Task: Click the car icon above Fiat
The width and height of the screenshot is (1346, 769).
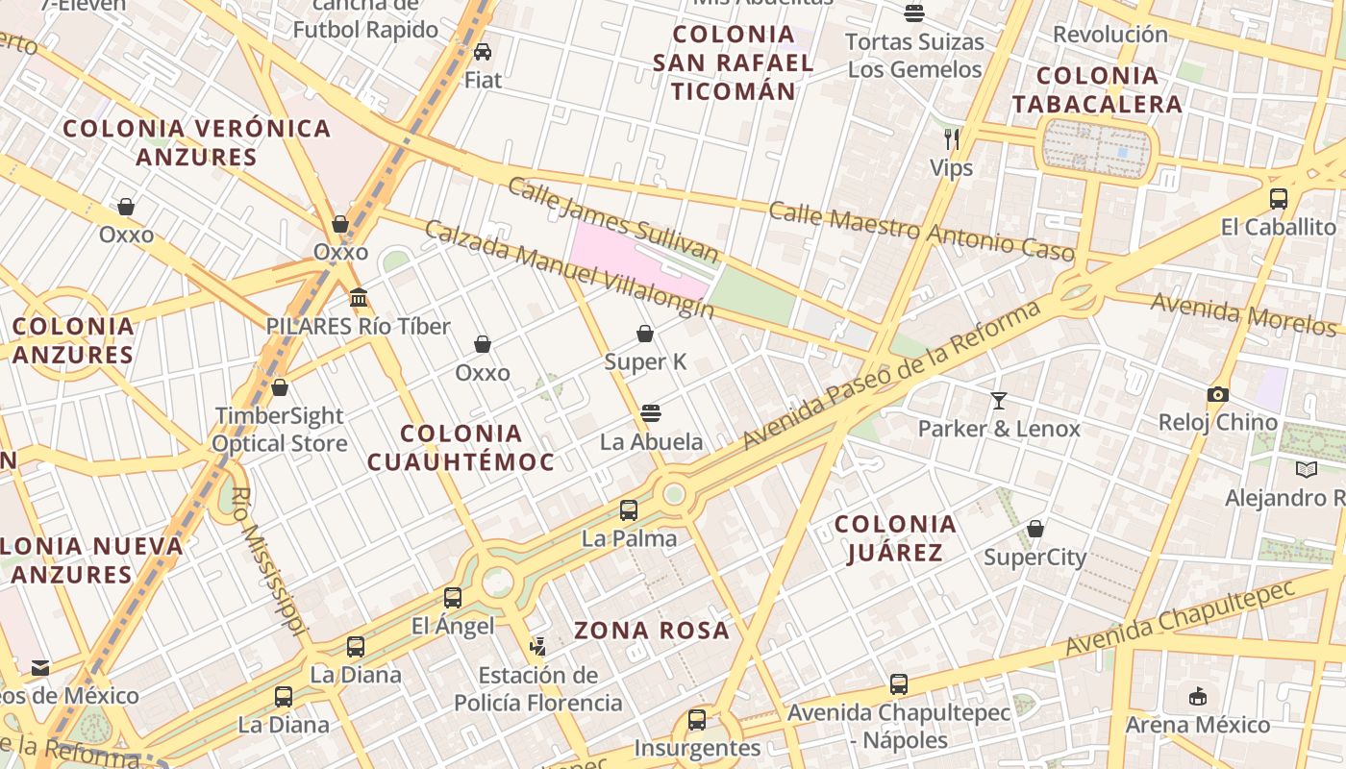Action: tap(483, 52)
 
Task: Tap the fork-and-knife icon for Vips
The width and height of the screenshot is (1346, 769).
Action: tap(952, 139)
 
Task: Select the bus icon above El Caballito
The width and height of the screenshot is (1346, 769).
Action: tap(1279, 199)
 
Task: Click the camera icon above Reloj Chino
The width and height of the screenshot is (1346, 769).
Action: tap(1218, 394)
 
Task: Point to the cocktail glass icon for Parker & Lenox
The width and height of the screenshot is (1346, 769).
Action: tap(999, 400)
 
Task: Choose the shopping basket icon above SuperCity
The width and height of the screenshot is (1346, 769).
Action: tap(1035, 529)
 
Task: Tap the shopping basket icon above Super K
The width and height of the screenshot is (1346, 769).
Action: tap(645, 334)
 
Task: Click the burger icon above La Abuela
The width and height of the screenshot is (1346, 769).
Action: tap(651, 413)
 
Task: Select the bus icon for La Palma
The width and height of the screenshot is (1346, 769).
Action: tap(629, 510)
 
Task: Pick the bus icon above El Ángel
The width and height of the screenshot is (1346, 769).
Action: tap(453, 598)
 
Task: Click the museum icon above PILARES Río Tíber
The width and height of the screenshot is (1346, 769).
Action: tap(359, 298)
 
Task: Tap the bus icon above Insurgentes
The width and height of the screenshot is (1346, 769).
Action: tap(697, 719)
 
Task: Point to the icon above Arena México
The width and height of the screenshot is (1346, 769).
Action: tap(1198, 696)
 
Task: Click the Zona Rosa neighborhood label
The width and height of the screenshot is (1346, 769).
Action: tap(652, 631)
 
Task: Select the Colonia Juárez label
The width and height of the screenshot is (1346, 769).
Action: tap(895, 538)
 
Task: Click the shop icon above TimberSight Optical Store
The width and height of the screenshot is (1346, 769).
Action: tap(280, 387)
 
